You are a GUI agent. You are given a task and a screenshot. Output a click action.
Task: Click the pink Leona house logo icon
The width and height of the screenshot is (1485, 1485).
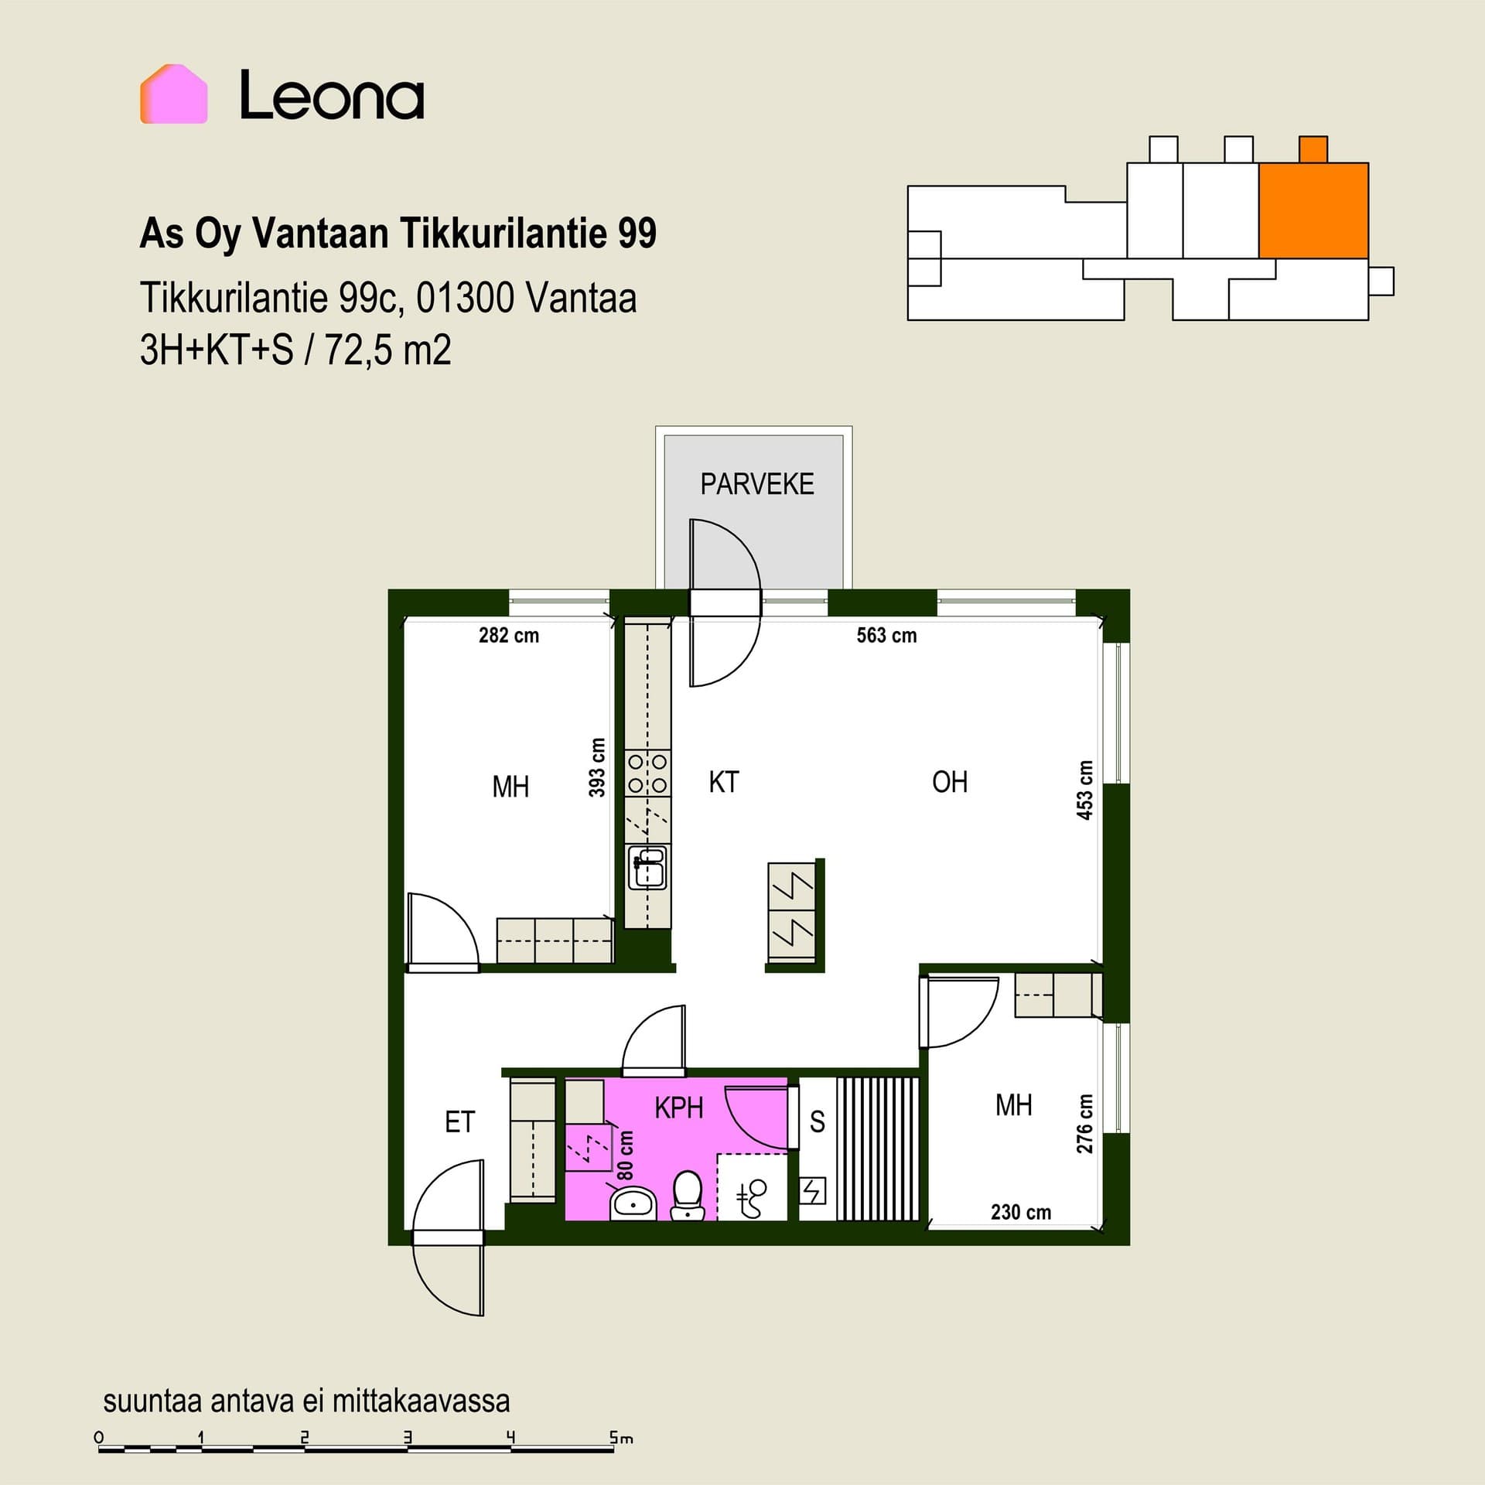click(x=173, y=94)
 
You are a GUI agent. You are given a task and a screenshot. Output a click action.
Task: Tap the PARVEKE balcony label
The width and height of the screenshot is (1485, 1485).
click(x=757, y=484)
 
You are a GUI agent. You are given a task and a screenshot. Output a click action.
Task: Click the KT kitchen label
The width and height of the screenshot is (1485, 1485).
click(x=724, y=782)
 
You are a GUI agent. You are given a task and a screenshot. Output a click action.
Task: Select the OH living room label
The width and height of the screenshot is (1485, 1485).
click(x=950, y=782)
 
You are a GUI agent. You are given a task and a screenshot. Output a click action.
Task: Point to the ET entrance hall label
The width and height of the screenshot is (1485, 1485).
click(x=459, y=1122)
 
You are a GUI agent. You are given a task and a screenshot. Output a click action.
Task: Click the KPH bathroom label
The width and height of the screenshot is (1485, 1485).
click(x=678, y=1108)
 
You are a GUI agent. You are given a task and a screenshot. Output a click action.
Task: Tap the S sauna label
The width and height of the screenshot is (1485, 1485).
click(x=818, y=1121)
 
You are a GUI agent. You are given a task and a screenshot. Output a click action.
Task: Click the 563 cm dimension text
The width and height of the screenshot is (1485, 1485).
click(x=886, y=636)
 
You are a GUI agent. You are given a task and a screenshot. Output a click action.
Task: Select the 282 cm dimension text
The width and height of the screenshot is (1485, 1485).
click(x=509, y=636)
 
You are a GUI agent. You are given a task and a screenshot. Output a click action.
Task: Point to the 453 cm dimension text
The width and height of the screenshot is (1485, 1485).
click(x=1085, y=790)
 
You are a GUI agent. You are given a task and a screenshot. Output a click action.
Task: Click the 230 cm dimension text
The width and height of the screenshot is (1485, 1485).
click(x=1021, y=1212)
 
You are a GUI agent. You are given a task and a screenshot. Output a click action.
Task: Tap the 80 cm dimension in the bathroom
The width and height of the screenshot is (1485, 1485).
click(x=625, y=1156)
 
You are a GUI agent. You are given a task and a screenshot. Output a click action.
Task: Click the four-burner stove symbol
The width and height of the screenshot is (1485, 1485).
click(x=647, y=773)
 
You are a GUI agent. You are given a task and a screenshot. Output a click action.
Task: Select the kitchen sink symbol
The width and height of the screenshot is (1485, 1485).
click(x=647, y=868)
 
